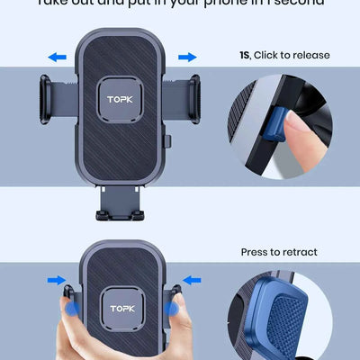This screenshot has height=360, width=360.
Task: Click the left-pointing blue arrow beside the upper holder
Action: (58, 57)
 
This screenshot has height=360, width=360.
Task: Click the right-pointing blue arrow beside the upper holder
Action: (187, 57)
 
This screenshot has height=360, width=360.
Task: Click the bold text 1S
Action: (244, 55)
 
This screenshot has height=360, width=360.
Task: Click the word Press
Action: (256, 252)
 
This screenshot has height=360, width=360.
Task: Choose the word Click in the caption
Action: (268, 55)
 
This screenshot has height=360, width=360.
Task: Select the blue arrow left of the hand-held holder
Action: (55, 281)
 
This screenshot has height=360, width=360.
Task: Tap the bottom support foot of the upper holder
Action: (122, 212)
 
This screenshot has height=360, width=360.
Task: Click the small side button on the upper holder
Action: (171, 140)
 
